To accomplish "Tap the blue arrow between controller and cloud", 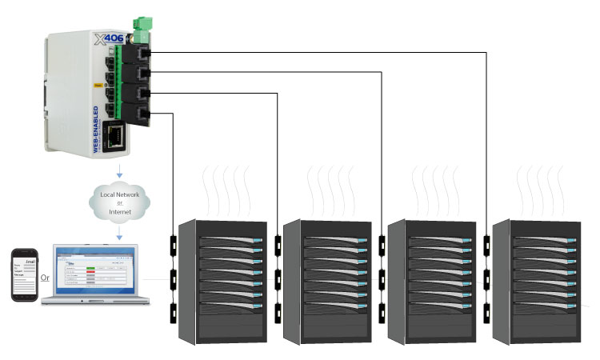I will [x=118, y=173].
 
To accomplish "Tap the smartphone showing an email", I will [x=24, y=274].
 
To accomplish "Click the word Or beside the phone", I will [x=46, y=278].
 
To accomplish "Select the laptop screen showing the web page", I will [x=94, y=270].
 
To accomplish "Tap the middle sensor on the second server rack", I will [x=277, y=277].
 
